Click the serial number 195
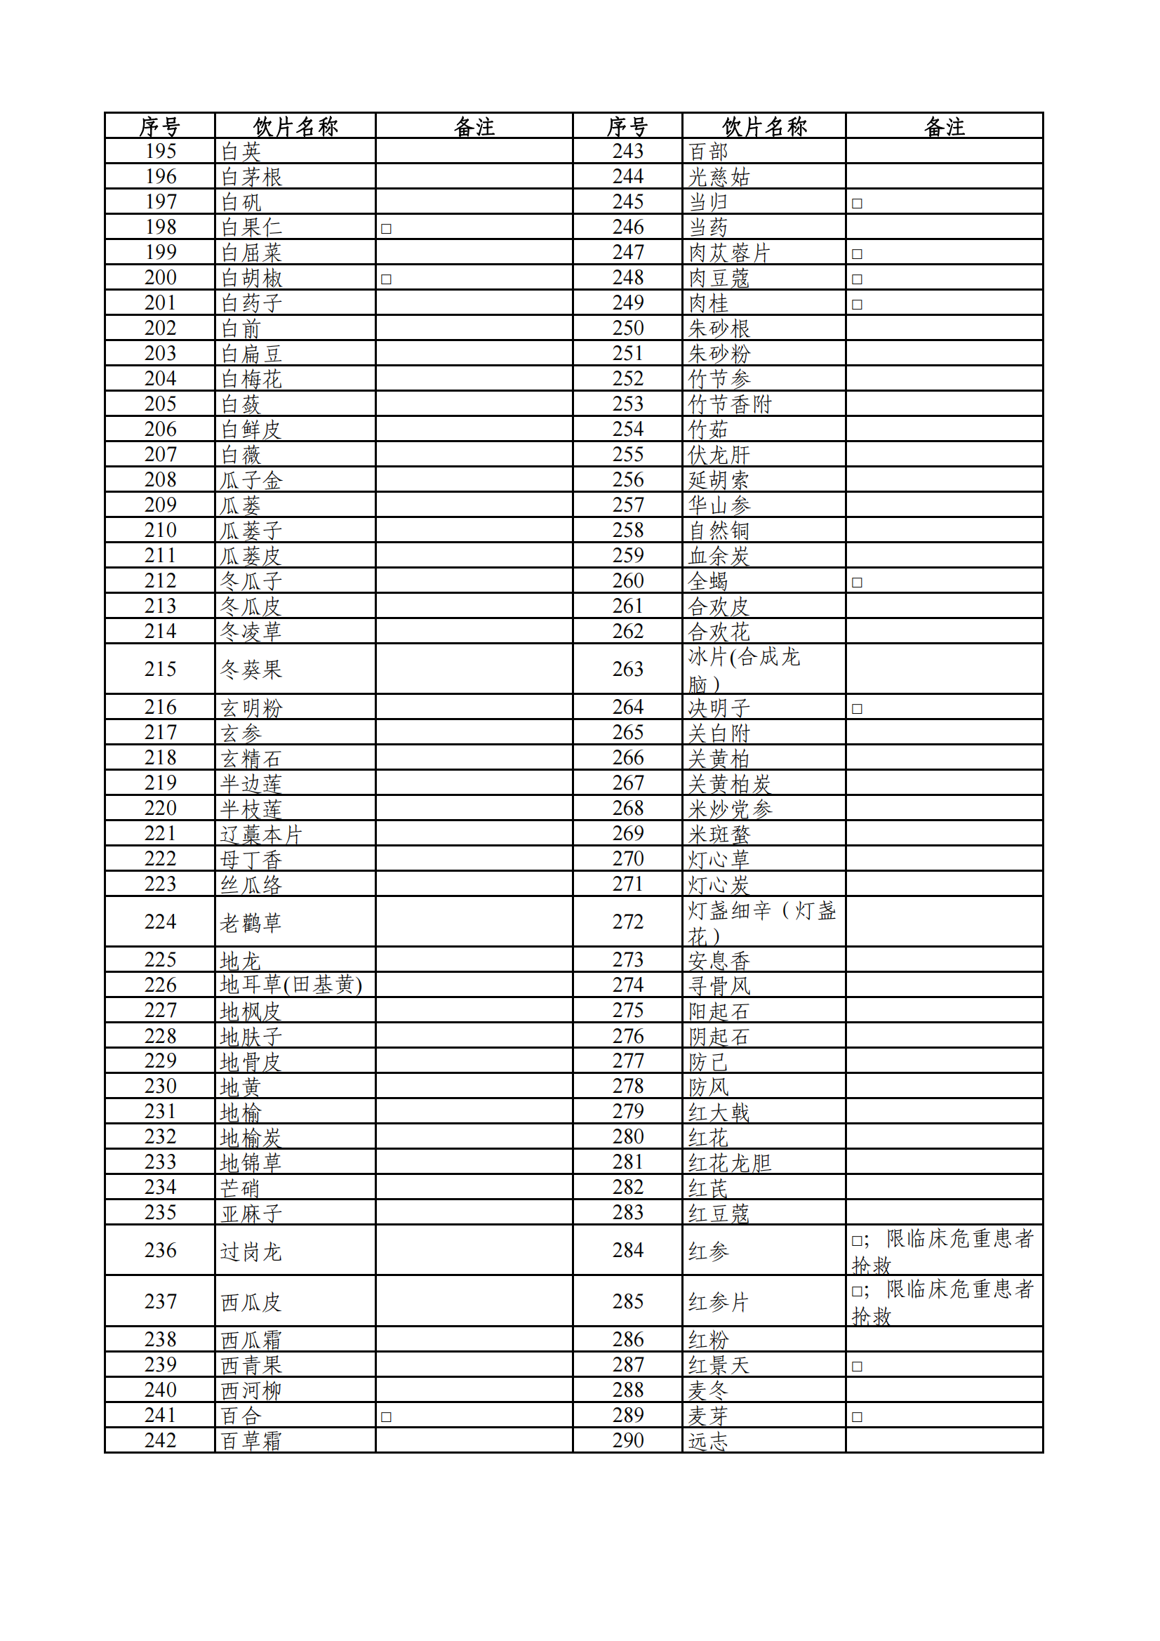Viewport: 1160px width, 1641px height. click(x=160, y=152)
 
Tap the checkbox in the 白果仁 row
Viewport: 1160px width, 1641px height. click(x=386, y=229)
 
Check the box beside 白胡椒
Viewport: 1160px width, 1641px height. click(x=386, y=279)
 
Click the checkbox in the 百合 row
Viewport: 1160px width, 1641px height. click(x=386, y=1416)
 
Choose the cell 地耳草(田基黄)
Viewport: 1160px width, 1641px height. click(x=291, y=985)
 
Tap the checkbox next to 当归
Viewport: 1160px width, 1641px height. click(x=857, y=204)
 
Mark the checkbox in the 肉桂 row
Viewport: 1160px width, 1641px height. click(x=857, y=305)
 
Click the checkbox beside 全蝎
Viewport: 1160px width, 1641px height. click(x=857, y=583)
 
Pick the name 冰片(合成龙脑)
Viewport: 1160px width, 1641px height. click(x=743, y=670)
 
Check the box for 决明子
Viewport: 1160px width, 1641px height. click(x=857, y=709)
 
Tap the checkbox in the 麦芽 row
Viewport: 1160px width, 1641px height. click(x=857, y=1416)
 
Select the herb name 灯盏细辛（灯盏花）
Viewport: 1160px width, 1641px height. click(x=762, y=922)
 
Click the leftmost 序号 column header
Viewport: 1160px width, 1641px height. click(x=159, y=126)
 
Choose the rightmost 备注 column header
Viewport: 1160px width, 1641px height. click(x=944, y=126)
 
